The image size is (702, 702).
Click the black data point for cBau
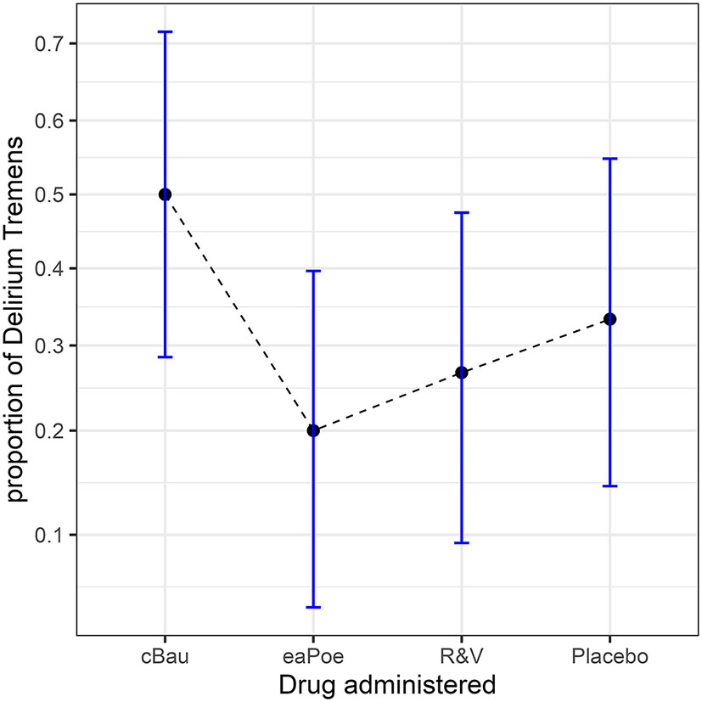pyautogui.click(x=165, y=194)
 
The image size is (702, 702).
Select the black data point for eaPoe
pyautogui.click(x=313, y=430)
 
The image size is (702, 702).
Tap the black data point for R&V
pyautogui.click(x=462, y=373)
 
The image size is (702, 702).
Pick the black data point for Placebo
pyautogui.click(x=609, y=319)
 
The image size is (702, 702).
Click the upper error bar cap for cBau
pyautogui.click(x=165, y=31)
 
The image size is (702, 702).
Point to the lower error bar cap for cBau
pyautogui.click(x=165, y=357)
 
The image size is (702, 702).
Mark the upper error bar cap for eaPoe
pyautogui.click(x=313, y=271)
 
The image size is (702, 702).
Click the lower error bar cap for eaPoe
pyautogui.click(x=313, y=607)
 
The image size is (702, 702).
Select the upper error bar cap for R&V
pyautogui.click(x=462, y=212)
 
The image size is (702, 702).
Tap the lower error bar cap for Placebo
pyautogui.click(x=609, y=486)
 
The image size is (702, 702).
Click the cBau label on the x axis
pyautogui.click(x=165, y=657)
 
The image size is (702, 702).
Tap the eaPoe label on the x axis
pyautogui.click(x=313, y=657)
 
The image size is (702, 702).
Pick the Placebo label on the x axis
pyautogui.click(x=609, y=657)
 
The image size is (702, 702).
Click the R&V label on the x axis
pyautogui.click(x=462, y=657)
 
